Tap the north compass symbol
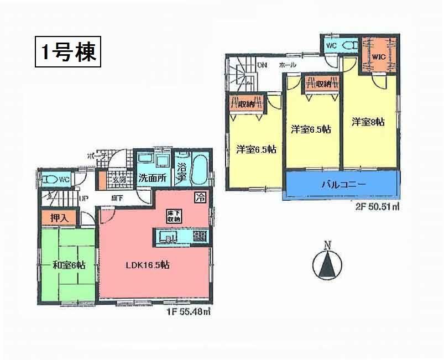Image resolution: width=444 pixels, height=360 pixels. (x=327, y=265)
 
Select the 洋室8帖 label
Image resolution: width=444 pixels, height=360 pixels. (x=368, y=122)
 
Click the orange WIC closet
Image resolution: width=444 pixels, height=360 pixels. (x=379, y=56)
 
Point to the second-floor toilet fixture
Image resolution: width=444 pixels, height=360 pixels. (x=348, y=45)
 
